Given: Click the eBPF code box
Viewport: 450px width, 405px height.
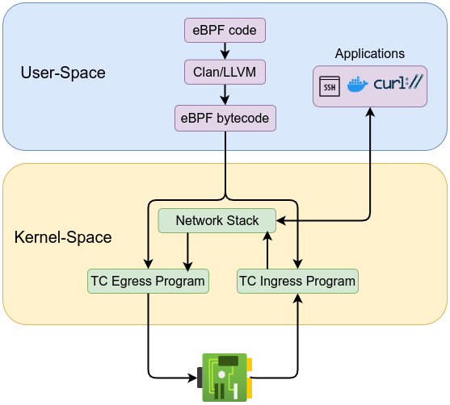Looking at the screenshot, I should click(225, 31).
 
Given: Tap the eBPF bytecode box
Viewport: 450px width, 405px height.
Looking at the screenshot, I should click(225, 119).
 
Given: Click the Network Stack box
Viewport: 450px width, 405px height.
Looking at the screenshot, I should click(217, 220).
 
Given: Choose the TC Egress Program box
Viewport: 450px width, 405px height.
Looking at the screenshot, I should click(148, 281).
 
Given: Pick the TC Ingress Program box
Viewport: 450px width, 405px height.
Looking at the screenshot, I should click(297, 281).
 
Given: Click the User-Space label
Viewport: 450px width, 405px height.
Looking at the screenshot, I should click(63, 73).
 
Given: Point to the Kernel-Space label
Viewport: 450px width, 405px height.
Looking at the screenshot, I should click(63, 238).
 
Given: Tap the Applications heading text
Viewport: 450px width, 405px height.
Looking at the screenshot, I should click(370, 54).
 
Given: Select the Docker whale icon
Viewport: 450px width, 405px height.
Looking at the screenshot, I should click(357, 85).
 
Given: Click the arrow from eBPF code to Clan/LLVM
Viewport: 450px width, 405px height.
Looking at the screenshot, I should click(225, 52).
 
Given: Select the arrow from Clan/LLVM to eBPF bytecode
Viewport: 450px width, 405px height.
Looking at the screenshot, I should click(225, 96).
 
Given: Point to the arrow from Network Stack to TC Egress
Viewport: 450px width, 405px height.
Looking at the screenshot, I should click(188, 251).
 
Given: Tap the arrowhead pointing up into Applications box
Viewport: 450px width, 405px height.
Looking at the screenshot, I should click(370, 113).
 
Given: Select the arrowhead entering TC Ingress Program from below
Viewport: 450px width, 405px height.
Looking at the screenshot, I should click(297, 299).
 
